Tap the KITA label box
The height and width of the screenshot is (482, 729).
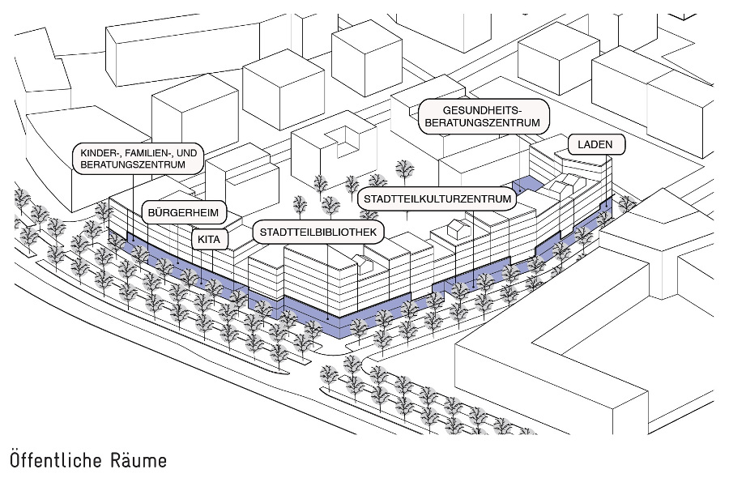click(x=209, y=240)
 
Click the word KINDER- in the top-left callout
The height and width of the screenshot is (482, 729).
click(x=98, y=151)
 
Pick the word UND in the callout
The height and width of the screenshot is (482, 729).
click(x=188, y=151)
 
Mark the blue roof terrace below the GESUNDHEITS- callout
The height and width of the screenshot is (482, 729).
click(x=526, y=184)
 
